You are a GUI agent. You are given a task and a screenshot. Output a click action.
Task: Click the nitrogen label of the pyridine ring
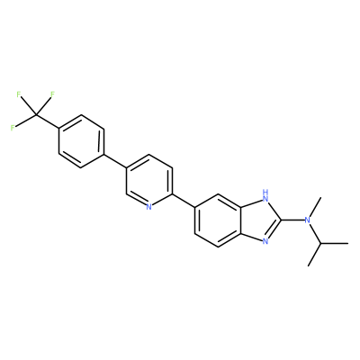149,207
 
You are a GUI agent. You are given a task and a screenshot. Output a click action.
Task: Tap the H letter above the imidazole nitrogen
265,191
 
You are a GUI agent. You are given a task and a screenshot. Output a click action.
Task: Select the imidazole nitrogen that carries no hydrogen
265,241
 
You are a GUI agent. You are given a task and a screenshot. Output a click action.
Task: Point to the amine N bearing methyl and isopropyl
307,220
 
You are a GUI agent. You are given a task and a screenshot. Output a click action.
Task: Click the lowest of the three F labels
13,128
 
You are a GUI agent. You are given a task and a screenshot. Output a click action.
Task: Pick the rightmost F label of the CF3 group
52,94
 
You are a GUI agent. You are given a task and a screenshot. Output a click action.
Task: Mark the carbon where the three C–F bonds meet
36,114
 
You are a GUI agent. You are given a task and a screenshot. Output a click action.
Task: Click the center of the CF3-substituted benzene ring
81,141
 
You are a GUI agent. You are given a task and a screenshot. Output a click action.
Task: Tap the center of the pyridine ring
149,181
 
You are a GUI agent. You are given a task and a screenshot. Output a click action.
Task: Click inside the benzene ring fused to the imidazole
218,220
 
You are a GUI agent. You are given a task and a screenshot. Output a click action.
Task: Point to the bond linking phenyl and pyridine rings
115,161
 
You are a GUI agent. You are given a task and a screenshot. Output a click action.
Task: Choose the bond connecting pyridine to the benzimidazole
184,200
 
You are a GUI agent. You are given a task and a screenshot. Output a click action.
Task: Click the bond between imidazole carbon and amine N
292,220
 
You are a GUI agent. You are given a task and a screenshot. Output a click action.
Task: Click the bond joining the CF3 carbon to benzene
48,121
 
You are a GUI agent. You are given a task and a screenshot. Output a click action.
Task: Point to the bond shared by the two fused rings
241,220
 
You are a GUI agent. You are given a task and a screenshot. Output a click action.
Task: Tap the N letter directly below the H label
265,198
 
